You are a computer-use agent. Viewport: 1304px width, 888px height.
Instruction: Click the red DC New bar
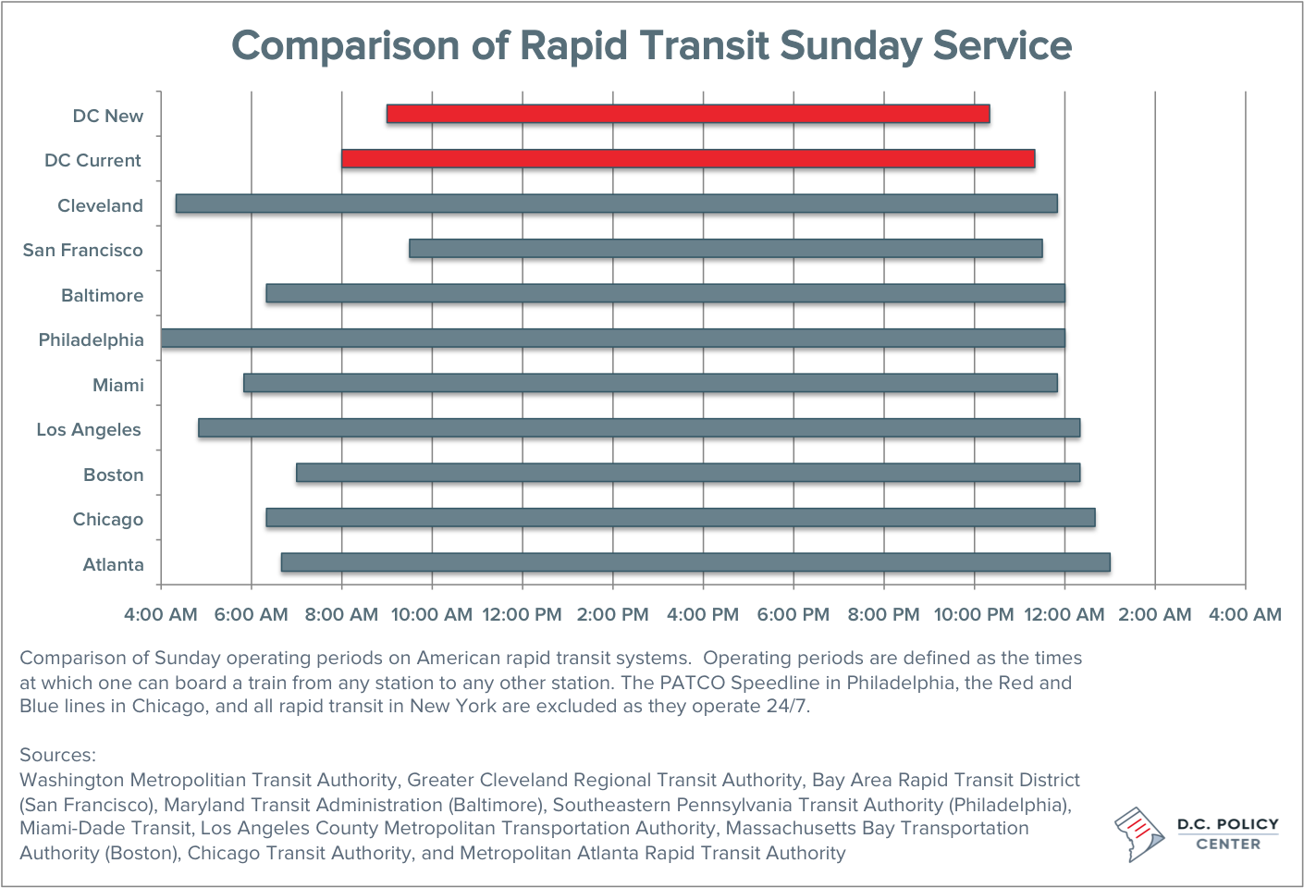coord(688,114)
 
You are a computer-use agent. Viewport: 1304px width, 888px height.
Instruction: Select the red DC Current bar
coord(688,159)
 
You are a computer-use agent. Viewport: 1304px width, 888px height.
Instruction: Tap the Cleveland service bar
coord(616,203)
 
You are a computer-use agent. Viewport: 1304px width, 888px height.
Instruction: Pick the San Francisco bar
coord(726,248)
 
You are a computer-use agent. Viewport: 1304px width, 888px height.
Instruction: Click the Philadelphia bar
coord(612,339)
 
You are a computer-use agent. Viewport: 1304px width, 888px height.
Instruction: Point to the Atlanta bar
coord(695,562)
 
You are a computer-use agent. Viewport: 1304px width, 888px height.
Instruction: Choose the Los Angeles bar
coord(639,427)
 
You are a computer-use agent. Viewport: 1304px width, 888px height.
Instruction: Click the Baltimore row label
coord(102,295)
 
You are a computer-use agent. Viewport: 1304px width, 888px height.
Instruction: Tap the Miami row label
coord(117,385)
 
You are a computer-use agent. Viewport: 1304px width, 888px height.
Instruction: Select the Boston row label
coord(113,475)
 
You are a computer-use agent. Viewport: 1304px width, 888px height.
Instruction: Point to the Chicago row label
coord(107,519)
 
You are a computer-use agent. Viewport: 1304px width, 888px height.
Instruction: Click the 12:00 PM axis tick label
coord(522,614)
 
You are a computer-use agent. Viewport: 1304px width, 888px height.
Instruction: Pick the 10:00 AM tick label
coord(432,614)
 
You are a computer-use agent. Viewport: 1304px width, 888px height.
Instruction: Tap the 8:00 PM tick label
coord(883,614)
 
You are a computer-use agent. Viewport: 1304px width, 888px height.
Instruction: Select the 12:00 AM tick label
coord(1064,614)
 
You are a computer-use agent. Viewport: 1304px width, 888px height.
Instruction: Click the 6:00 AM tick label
coord(251,614)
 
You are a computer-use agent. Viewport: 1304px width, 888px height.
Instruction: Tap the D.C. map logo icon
coord(1139,832)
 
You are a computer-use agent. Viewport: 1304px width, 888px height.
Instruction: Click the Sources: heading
coord(57,755)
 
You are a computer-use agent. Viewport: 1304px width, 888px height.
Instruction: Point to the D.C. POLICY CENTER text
coord(1227,833)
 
